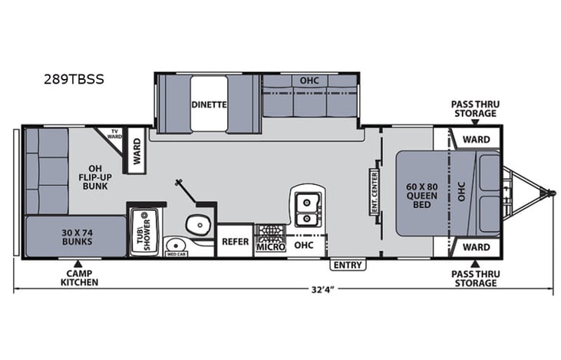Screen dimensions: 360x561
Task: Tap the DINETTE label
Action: point(208,105)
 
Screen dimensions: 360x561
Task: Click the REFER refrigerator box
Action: point(235,241)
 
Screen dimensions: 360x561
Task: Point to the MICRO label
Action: point(270,246)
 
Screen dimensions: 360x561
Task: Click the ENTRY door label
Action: point(348,265)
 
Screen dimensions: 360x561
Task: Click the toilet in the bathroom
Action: point(197,225)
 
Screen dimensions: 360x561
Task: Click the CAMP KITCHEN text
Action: point(79,278)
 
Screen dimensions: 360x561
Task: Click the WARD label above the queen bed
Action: point(476,140)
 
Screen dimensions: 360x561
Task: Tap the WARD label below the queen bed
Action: point(476,247)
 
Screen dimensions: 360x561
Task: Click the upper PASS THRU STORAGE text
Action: point(473,108)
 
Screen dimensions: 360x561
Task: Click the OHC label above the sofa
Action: point(309,81)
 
